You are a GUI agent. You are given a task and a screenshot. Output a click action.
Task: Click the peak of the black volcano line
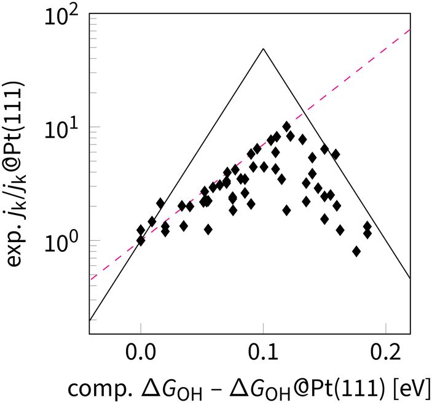(x=263, y=49)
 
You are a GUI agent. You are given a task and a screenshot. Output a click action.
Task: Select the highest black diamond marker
(x=286, y=127)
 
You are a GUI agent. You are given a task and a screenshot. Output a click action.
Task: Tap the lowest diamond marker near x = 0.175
(x=356, y=251)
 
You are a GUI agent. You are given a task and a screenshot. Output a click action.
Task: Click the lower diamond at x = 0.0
(x=141, y=240)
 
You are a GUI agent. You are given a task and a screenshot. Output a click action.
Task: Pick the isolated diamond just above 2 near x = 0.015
(x=160, y=203)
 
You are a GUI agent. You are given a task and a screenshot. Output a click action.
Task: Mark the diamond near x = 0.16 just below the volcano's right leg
(x=336, y=155)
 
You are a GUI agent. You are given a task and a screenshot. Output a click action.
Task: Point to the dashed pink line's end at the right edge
(x=409, y=29)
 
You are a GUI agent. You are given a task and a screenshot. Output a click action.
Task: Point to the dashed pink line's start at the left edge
(x=90, y=280)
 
